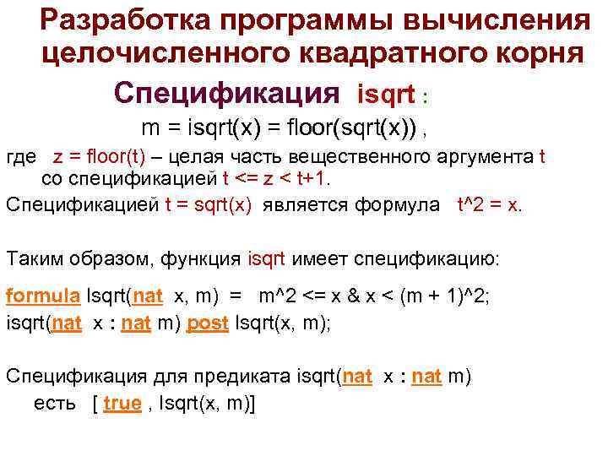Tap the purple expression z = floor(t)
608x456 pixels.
coord(99,158)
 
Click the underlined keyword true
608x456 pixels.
coord(122,404)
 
